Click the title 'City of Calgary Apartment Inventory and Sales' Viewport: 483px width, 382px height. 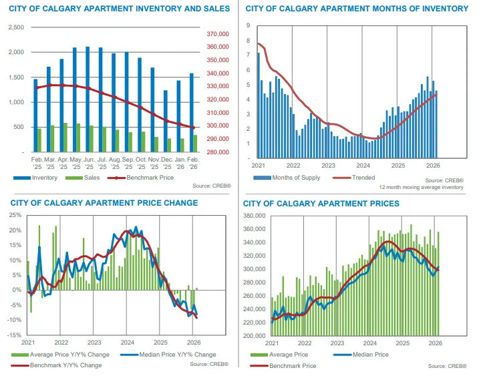tap(119, 9)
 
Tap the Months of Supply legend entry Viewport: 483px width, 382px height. tap(293, 178)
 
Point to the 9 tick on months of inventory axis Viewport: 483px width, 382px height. tap(248, 25)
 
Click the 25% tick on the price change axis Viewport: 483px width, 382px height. tap(13, 215)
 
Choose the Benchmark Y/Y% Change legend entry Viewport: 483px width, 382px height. tap(59, 365)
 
